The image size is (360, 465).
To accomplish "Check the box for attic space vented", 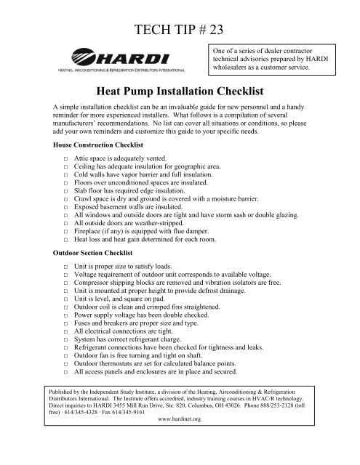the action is coord(65,158).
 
